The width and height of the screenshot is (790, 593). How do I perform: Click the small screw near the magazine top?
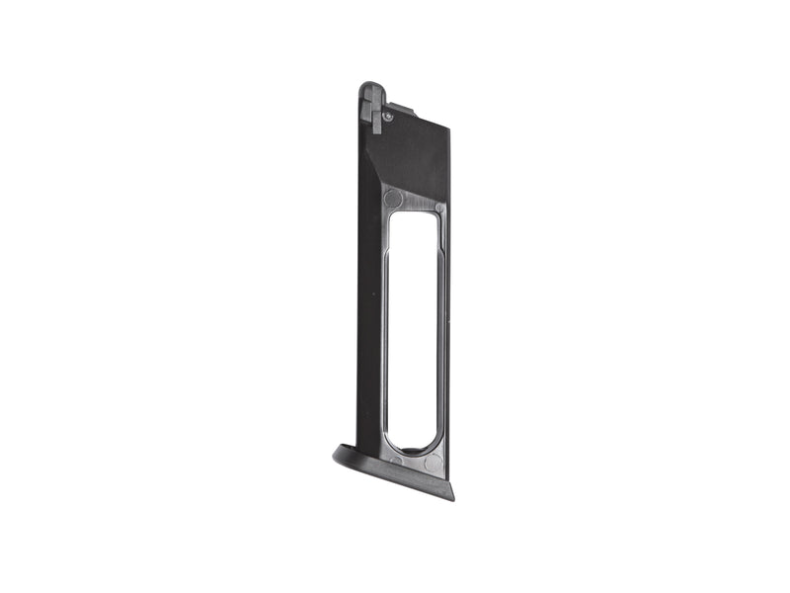(x=387, y=117)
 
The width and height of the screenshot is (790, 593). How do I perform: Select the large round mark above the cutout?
(x=393, y=199)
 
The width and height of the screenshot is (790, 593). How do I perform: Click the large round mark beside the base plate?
(x=434, y=463)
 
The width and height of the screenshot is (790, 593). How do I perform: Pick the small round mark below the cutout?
(x=396, y=460)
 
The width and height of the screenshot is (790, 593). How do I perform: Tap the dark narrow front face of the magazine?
(x=368, y=296)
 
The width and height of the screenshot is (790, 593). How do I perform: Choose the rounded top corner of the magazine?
(x=367, y=87)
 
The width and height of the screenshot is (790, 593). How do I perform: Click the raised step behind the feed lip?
(x=397, y=107)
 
